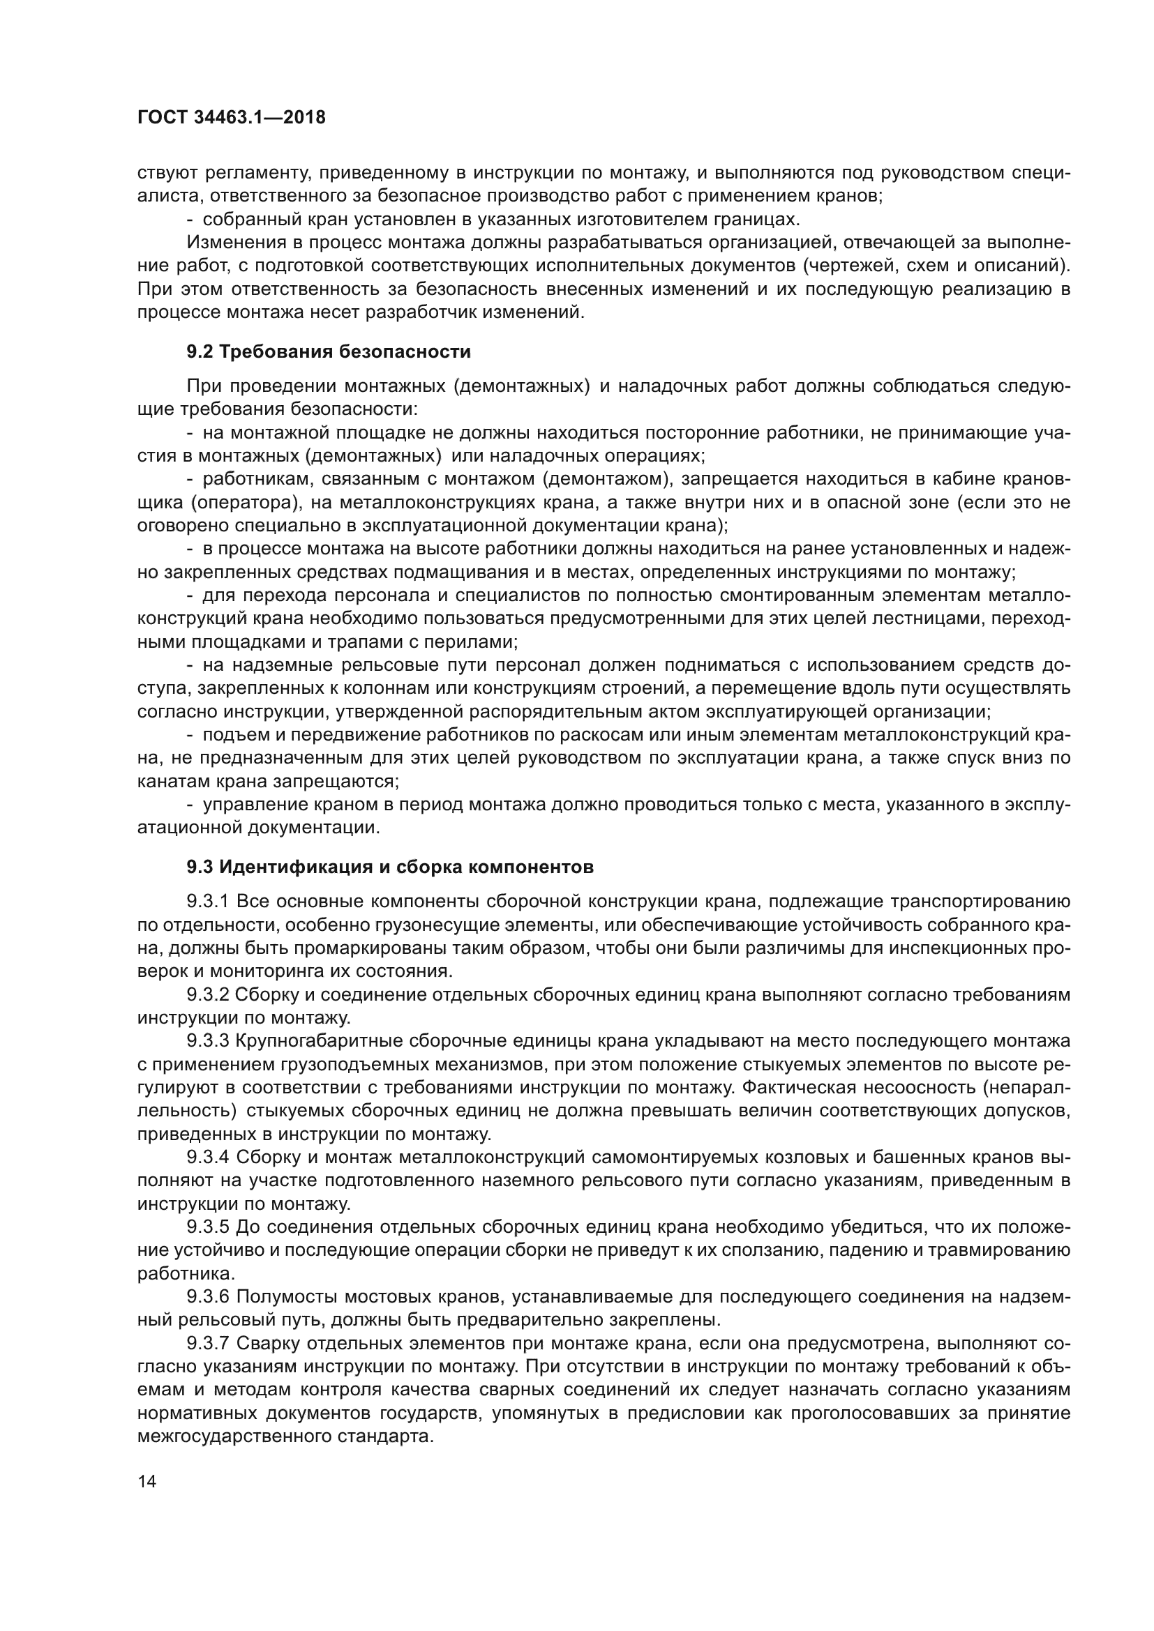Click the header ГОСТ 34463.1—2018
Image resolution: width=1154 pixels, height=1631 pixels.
231,118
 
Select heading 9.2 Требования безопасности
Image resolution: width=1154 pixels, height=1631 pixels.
329,351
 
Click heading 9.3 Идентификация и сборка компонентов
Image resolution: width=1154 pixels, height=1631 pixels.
389,867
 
